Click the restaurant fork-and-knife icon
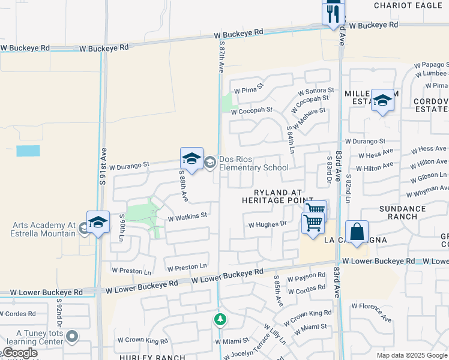[333, 13]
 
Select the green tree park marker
[220, 319]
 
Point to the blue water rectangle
[28, 151]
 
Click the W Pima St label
[249, 89]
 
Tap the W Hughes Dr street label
[267, 224]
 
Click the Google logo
[19, 353]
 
